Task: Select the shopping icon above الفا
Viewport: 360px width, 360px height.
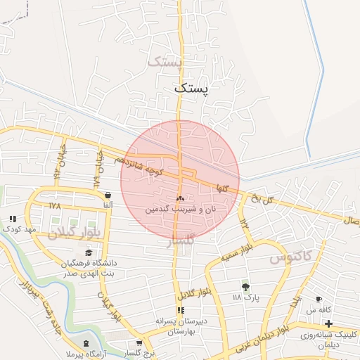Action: pyautogui.click(x=108, y=195)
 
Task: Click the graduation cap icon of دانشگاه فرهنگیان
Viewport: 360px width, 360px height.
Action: pyautogui.click(x=89, y=252)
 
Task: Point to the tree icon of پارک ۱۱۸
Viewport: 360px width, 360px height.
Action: pyautogui.click(x=245, y=286)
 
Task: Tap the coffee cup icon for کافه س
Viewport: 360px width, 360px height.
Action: pyautogui.click(x=319, y=300)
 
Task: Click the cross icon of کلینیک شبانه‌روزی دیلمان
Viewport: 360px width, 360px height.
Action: pyautogui.click(x=328, y=322)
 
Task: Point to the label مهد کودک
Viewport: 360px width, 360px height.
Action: pyautogui.click(x=18, y=229)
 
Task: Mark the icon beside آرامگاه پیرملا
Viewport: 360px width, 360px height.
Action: pyautogui.click(x=86, y=343)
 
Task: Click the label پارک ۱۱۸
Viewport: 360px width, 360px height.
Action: pyautogui.click(x=246, y=298)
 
